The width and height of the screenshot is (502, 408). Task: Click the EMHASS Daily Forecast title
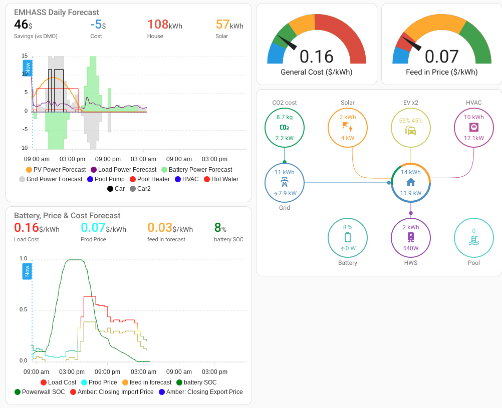[x=56, y=12]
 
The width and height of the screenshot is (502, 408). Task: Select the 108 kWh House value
[x=164, y=25]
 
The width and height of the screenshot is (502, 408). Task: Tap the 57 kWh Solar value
[x=229, y=25]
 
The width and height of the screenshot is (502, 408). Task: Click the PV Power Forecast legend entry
[x=55, y=170]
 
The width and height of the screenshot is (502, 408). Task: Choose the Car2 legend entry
[x=140, y=189]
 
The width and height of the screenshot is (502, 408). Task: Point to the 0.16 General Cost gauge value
[x=316, y=57]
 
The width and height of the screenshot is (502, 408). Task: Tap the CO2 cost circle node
[x=284, y=128]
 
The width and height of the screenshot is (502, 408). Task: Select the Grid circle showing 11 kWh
[x=284, y=183]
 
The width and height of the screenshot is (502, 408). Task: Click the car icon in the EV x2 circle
[x=411, y=131]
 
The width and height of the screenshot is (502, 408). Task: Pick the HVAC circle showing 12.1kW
[x=473, y=128]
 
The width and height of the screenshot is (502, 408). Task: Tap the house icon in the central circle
[x=411, y=182]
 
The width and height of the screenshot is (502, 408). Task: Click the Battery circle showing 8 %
[x=347, y=238]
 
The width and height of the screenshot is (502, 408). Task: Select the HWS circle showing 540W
[x=411, y=238]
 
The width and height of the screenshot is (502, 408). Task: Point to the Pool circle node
[x=473, y=238]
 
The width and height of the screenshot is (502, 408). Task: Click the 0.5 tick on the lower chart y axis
[x=24, y=309]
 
